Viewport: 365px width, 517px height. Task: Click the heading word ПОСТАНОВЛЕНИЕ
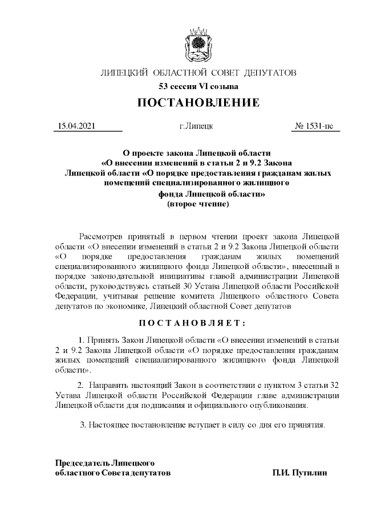tap(198, 103)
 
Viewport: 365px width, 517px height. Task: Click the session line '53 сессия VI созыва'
tap(198, 87)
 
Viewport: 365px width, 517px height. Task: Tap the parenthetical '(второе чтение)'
tap(197, 204)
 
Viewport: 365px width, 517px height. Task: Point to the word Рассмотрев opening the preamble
tap(100, 236)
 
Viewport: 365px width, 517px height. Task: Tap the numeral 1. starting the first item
tap(82, 339)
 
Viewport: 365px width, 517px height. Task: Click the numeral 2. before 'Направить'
tap(80, 386)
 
